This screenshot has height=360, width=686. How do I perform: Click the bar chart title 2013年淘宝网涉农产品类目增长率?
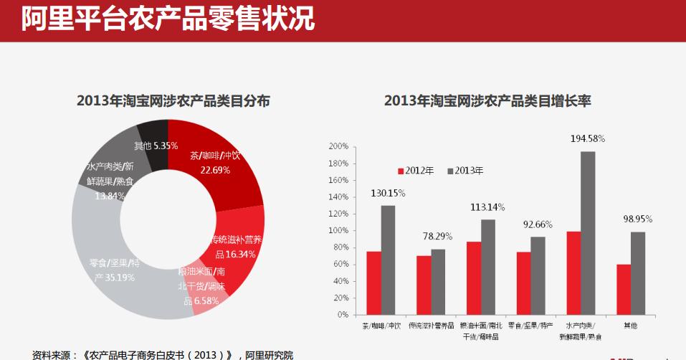coord(487,100)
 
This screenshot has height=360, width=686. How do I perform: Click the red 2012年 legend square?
coord(401,171)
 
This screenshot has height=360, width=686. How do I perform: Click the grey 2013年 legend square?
coord(451,171)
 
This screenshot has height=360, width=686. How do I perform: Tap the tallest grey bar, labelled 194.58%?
coord(588,233)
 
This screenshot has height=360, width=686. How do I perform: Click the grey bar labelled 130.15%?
coord(388,260)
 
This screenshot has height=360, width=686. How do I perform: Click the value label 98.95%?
coord(637,218)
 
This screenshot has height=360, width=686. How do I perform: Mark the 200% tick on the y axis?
coord(338,146)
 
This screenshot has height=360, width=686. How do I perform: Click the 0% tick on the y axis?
coord(342,315)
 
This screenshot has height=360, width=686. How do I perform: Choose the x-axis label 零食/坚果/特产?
coord(531,326)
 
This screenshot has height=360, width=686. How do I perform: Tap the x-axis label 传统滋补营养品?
coord(431,326)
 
